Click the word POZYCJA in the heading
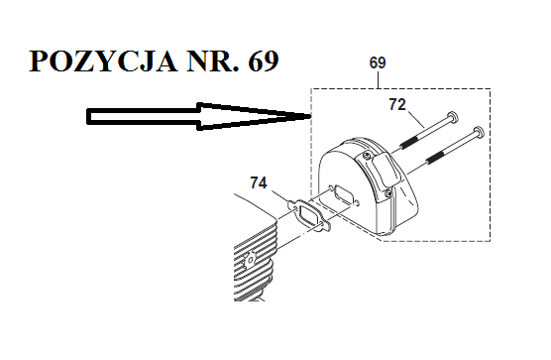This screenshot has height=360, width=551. click(x=103, y=61)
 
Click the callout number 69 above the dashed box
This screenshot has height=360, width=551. click(x=378, y=62)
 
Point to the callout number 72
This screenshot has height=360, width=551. click(x=397, y=104)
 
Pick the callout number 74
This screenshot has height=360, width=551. click(x=259, y=182)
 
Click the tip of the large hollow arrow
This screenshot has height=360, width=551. click(x=309, y=116)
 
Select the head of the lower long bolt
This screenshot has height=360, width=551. click(x=478, y=132)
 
